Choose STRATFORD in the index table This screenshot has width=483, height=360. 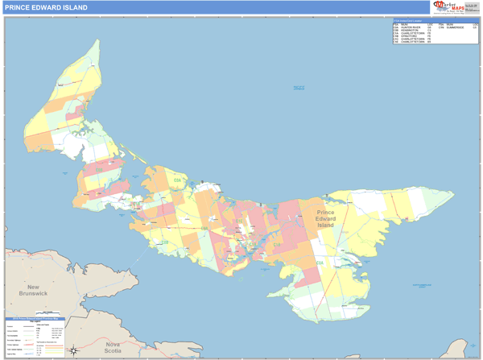[407, 36]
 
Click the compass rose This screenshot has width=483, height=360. [73, 350]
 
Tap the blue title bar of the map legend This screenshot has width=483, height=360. [35, 319]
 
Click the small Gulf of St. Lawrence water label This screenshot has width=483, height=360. [299, 89]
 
